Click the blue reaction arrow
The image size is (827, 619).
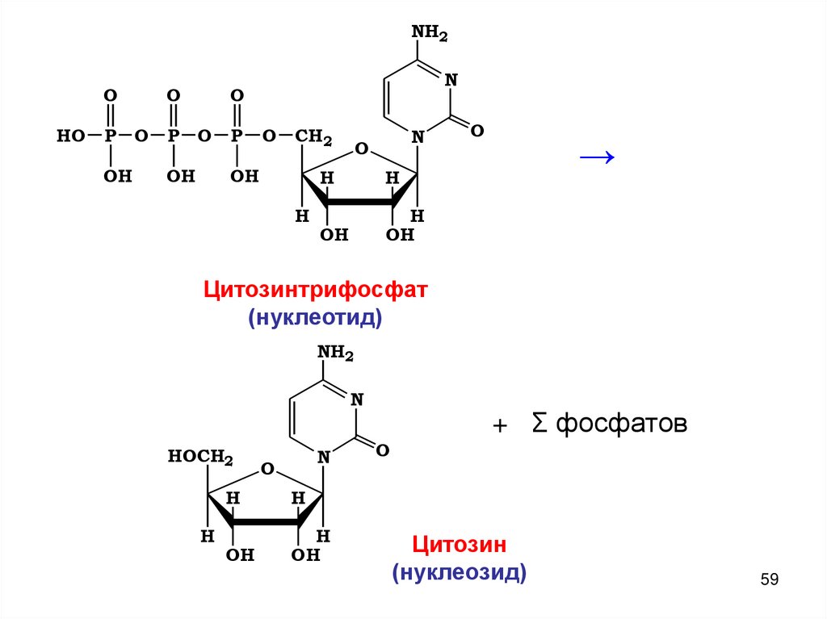pyautogui.click(x=598, y=157)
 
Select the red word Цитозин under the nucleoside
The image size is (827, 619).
pyautogui.click(x=460, y=545)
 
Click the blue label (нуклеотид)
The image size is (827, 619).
pyautogui.click(x=314, y=318)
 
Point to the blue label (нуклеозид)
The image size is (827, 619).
pyautogui.click(x=460, y=573)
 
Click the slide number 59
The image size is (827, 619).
pyautogui.click(x=770, y=579)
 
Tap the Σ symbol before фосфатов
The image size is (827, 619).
pyautogui.click(x=539, y=423)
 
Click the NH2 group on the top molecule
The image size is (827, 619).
pyautogui.click(x=429, y=33)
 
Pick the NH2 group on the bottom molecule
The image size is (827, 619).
pyautogui.click(x=335, y=353)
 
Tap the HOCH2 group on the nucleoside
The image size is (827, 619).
pyautogui.click(x=200, y=458)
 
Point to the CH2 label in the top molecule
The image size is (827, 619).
pyautogui.click(x=313, y=137)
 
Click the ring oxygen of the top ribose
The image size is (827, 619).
pyautogui.click(x=361, y=148)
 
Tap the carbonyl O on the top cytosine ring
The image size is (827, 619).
pyautogui.click(x=476, y=130)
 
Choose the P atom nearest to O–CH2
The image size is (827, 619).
pyautogui.click(x=237, y=136)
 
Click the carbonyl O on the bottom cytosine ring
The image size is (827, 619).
pyautogui.click(x=383, y=450)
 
